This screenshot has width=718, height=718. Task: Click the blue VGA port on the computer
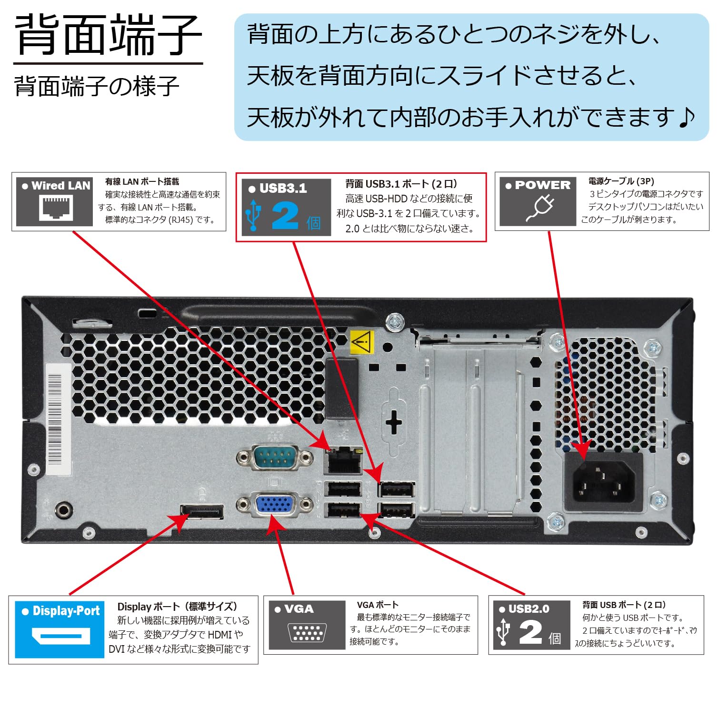275,504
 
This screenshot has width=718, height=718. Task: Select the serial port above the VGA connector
275,458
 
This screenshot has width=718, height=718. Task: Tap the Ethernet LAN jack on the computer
343,460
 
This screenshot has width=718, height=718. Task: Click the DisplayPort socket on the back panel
202,511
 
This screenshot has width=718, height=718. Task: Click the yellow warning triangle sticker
362,341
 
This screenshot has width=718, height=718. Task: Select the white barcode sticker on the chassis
57,419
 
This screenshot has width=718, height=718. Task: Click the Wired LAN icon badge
55,202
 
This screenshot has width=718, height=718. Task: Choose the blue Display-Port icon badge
60,629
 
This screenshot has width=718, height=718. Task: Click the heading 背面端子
108,35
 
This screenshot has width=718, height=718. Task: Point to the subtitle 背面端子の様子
97,86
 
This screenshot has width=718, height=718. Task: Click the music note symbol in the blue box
686,117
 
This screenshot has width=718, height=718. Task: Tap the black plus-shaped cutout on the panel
394,422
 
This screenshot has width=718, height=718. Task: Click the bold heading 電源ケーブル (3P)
621,181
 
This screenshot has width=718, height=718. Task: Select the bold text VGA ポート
378,605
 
